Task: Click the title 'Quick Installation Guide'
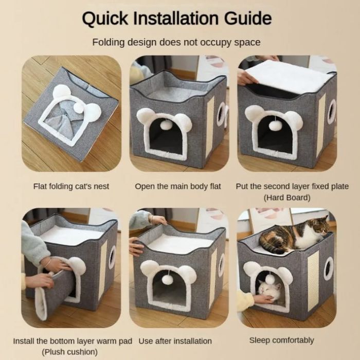tap(176, 19)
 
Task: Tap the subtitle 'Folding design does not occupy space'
tap(176, 42)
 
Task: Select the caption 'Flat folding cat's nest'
tap(71, 186)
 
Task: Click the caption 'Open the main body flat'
tap(178, 186)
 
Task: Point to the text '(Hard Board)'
tap(287, 197)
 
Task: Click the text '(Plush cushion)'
tap(71, 352)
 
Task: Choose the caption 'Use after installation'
tap(175, 341)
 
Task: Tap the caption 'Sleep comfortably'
tap(281, 340)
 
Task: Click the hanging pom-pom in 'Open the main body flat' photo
tap(166, 124)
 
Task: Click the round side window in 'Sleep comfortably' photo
tap(328, 268)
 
